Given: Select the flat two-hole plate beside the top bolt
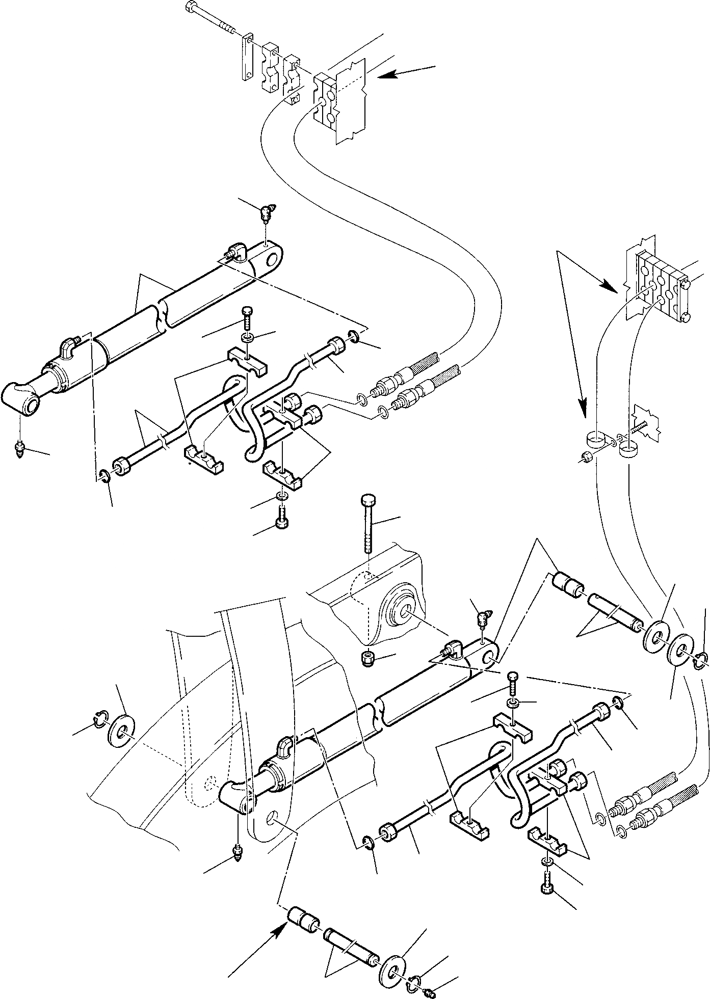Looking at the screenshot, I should (247, 56).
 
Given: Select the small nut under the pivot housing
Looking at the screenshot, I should (366, 658).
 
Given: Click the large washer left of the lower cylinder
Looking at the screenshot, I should (121, 732).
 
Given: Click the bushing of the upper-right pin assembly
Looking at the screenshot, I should (567, 583).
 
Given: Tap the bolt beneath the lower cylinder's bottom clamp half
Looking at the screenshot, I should (545, 874).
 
